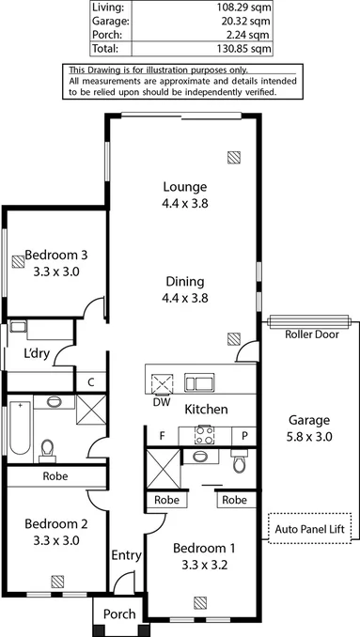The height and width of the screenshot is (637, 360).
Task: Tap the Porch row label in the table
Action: tap(104, 33)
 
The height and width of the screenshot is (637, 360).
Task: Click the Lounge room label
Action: tap(184, 186)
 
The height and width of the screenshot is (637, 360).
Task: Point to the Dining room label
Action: tap(184, 282)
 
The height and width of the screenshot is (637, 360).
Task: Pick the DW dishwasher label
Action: tap(161, 402)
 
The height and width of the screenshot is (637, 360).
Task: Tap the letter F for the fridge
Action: tap(163, 436)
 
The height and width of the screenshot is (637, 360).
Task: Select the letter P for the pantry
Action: tap(243, 436)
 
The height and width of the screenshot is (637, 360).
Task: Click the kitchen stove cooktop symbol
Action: tap(204, 434)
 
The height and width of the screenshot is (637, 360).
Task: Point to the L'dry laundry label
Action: tap(37, 355)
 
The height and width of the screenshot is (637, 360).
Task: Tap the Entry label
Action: tap(126, 556)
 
